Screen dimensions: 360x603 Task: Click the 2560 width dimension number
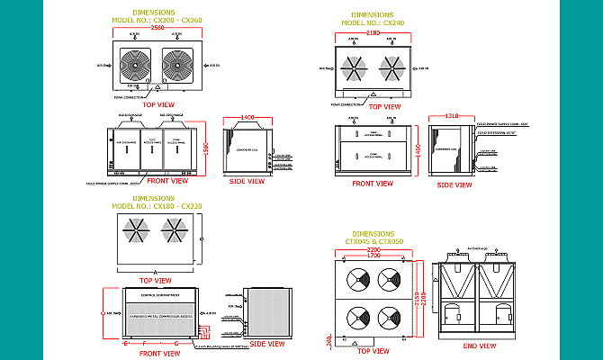tap(158, 28)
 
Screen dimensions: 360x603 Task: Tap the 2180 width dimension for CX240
tap(373, 32)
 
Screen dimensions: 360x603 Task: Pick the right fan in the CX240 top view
tap(392, 67)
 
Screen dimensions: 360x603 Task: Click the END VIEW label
tap(475, 346)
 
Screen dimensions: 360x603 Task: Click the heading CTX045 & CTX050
tap(374, 240)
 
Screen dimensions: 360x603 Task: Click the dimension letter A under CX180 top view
tap(155, 271)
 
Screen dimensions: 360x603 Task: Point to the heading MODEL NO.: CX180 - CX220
tap(159, 206)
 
